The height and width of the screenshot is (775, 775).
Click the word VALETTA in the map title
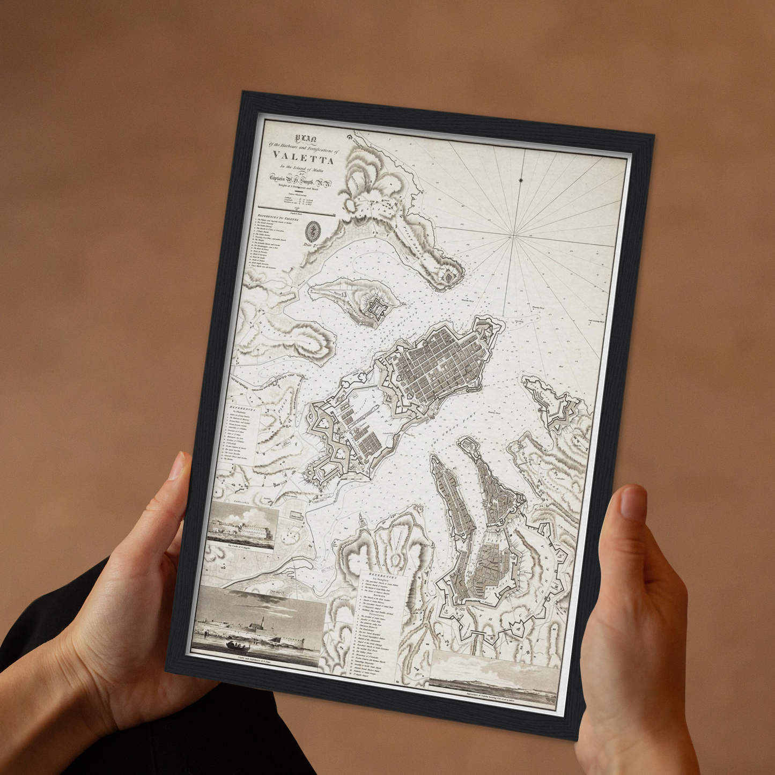click(x=303, y=156)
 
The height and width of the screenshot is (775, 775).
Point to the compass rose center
click(x=514, y=235)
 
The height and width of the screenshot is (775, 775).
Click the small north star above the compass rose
click(x=521, y=180)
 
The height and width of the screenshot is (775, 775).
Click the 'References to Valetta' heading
click(x=282, y=218)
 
